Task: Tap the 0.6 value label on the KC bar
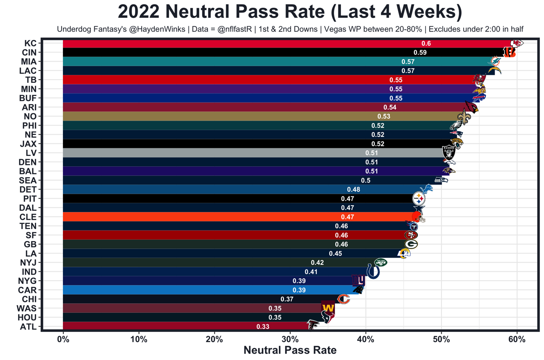click(x=426, y=43)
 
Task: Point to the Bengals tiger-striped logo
click(x=509, y=52)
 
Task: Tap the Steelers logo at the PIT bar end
click(x=419, y=198)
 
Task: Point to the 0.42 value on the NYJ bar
click(x=317, y=263)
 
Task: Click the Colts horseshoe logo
click(x=373, y=271)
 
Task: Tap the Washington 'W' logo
click(x=328, y=308)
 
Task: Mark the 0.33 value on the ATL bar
click(x=263, y=326)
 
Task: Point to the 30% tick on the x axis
click(x=290, y=340)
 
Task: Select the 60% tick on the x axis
click(x=517, y=340)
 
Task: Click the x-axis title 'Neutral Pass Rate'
click(x=290, y=350)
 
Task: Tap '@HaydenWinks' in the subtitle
click(x=164, y=29)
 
